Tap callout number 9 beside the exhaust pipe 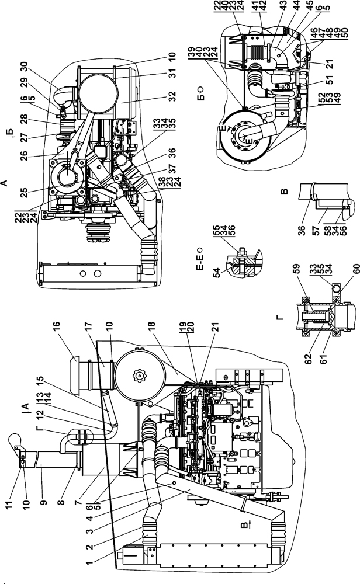(x=44, y=502)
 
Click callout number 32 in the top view (x=172, y=96)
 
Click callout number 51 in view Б (x=329, y=79)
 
